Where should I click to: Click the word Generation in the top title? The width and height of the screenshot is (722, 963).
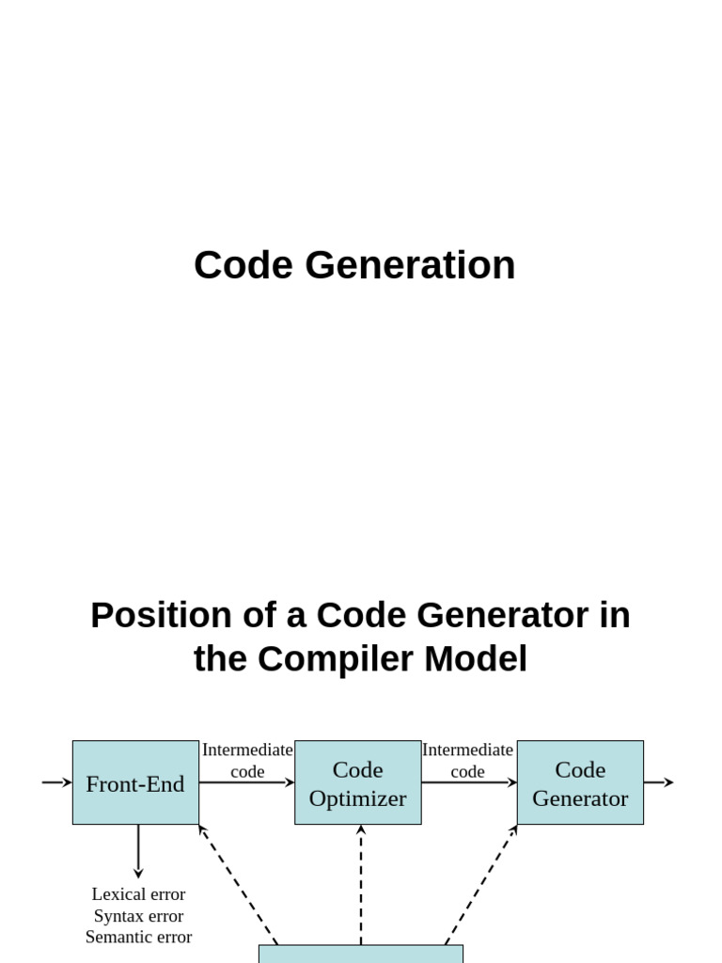click(410, 265)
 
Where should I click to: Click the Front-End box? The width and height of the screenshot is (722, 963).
click(135, 783)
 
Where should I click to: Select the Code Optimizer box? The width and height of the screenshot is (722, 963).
click(358, 783)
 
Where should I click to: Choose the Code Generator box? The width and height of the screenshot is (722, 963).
click(580, 783)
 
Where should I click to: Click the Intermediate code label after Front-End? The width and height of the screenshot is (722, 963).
click(247, 760)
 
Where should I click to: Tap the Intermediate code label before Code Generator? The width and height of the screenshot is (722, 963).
click(467, 760)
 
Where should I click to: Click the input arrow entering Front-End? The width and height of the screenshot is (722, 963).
click(57, 782)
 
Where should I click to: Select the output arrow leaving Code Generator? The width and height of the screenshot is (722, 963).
click(659, 782)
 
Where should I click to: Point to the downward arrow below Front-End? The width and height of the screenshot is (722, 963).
click(138, 851)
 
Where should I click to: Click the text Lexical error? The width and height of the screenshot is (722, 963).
click(138, 894)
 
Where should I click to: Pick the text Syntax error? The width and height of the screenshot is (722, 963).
click(138, 916)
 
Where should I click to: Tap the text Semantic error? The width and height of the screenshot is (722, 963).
click(138, 937)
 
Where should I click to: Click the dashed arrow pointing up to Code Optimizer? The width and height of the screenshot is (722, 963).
click(361, 884)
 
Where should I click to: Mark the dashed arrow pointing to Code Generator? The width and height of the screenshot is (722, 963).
click(481, 884)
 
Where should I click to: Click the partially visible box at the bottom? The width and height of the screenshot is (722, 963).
click(361, 955)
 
